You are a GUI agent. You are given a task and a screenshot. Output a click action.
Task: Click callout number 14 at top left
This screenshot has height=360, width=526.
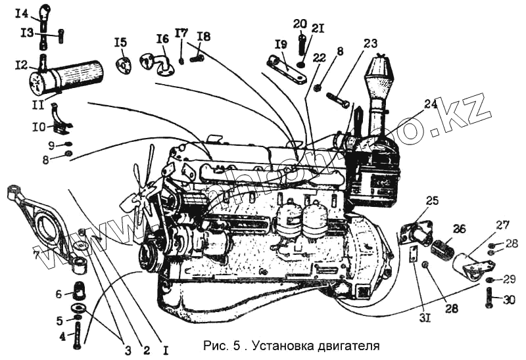click(x=21, y=12)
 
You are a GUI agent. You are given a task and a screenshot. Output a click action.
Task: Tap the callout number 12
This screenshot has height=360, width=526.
click(x=21, y=65)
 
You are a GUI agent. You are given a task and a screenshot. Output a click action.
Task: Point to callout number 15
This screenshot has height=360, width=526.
click(x=120, y=43)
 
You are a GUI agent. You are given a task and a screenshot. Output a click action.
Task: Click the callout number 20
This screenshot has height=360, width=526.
click(x=300, y=24)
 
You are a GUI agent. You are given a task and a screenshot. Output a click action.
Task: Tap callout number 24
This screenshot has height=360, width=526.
click(x=431, y=103)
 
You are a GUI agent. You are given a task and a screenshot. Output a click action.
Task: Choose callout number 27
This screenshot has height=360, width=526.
click(x=502, y=226)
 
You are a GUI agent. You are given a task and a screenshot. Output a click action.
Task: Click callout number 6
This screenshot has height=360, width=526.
click(x=58, y=294)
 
